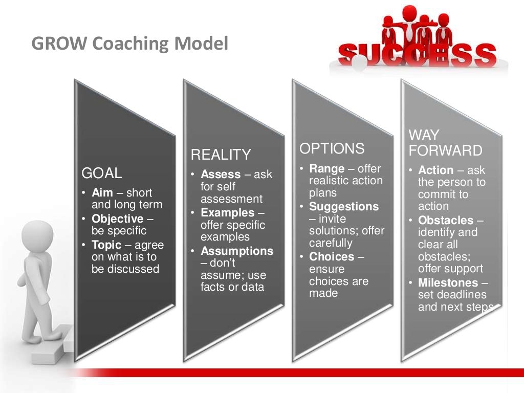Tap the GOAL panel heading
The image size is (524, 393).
[x=102, y=173]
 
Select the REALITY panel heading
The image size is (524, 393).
[x=221, y=155]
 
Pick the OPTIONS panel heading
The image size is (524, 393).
[x=332, y=149]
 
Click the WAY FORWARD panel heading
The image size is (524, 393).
[x=445, y=143]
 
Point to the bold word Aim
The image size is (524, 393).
[x=102, y=193]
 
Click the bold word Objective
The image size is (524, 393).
[x=118, y=219]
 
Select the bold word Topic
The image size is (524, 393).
[x=106, y=245]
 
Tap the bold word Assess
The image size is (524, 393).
[x=221, y=174]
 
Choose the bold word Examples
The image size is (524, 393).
[x=227, y=212]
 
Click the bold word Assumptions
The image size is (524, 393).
[x=237, y=251]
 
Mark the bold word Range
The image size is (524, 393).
[x=326, y=168]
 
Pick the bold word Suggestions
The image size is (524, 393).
[x=344, y=207]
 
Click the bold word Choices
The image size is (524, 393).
[x=332, y=256]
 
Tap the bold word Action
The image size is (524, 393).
[x=436, y=170]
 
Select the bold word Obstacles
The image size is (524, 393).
[x=446, y=221]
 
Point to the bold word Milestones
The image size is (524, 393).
[x=448, y=283]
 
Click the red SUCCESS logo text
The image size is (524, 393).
[x=417, y=54]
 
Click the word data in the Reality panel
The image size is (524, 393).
[x=253, y=287]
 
